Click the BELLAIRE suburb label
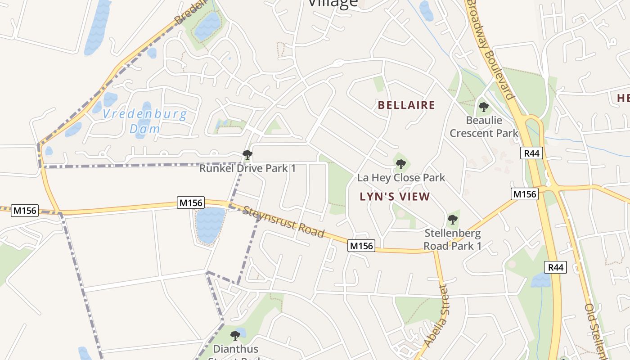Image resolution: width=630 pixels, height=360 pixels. tap(406, 105)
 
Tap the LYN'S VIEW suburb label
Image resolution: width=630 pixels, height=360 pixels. tap(395, 197)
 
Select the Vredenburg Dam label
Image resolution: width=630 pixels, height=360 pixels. tap(144, 121)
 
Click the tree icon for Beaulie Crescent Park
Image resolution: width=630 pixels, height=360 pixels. tap(484, 107)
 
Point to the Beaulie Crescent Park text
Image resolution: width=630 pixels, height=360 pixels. tap(484, 127)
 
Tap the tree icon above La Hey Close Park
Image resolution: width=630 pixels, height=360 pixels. tap(400, 164)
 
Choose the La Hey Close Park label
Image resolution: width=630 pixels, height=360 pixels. tap(401, 178)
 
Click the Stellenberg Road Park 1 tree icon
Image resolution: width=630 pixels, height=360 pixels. tap(453, 220)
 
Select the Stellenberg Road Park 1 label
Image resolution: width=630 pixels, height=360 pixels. tap(453, 240)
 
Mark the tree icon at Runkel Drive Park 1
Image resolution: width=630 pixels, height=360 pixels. tap(247, 155)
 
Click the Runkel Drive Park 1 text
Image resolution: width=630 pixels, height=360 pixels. tap(247, 169)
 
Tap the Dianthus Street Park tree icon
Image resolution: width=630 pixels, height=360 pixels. tap(235, 335)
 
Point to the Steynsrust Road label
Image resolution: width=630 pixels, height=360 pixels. tap(283, 222)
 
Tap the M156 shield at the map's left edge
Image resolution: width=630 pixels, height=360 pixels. tap(25, 210)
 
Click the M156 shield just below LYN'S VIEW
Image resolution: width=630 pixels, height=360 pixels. tap(361, 246)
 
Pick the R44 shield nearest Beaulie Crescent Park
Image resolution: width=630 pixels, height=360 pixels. tap(532, 153)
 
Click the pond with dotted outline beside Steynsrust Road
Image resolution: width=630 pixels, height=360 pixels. tap(210, 225)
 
